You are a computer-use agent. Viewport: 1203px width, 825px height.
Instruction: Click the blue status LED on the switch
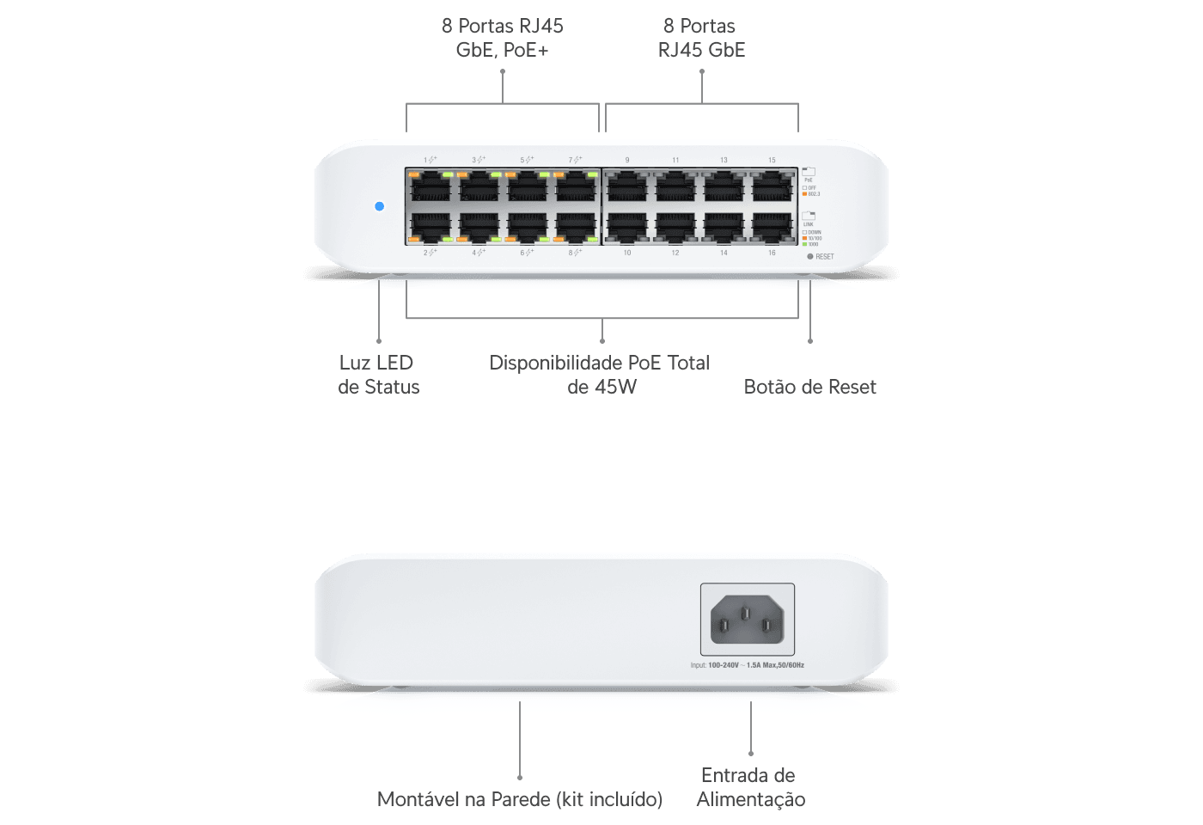(x=380, y=206)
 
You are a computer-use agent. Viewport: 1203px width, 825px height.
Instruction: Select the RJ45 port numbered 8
(x=576, y=226)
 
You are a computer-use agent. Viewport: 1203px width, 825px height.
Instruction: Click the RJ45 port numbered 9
(x=627, y=186)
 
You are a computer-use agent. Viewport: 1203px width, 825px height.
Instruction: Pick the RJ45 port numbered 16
(x=772, y=226)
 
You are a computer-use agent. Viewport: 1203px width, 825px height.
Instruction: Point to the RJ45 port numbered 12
(x=675, y=226)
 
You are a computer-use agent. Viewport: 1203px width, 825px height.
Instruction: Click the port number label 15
(x=772, y=161)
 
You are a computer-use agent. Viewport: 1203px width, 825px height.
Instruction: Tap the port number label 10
(x=627, y=253)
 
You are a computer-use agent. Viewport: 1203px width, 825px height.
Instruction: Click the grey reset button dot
(x=809, y=256)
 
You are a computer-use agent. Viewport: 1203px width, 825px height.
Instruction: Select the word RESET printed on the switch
(x=825, y=257)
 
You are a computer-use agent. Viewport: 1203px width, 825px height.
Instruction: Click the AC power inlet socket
(x=747, y=620)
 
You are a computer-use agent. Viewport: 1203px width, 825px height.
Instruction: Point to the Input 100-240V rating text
(x=747, y=665)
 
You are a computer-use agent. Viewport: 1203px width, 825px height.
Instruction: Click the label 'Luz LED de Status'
(x=378, y=375)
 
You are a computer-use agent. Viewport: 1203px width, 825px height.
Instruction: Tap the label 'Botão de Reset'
(x=809, y=387)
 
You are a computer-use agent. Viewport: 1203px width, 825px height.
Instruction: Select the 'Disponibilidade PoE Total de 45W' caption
(x=601, y=375)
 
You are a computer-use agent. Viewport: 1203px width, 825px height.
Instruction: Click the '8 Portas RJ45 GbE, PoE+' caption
(x=503, y=38)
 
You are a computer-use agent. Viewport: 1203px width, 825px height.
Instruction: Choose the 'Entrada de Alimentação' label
(x=750, y=787)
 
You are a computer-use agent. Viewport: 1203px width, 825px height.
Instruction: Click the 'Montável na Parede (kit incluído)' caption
(x=520, y=799)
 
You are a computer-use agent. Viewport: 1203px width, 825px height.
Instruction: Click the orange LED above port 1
(x=414, y=174)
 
